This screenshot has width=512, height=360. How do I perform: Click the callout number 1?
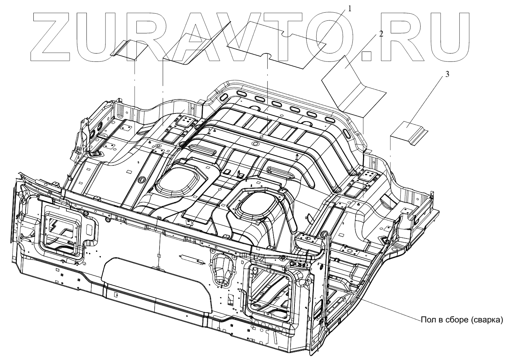coord(349,9)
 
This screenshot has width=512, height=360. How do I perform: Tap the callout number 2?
coord(381,34)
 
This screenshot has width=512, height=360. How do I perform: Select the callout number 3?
coord(447,74)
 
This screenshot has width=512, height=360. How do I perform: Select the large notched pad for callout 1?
coord(278,46)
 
